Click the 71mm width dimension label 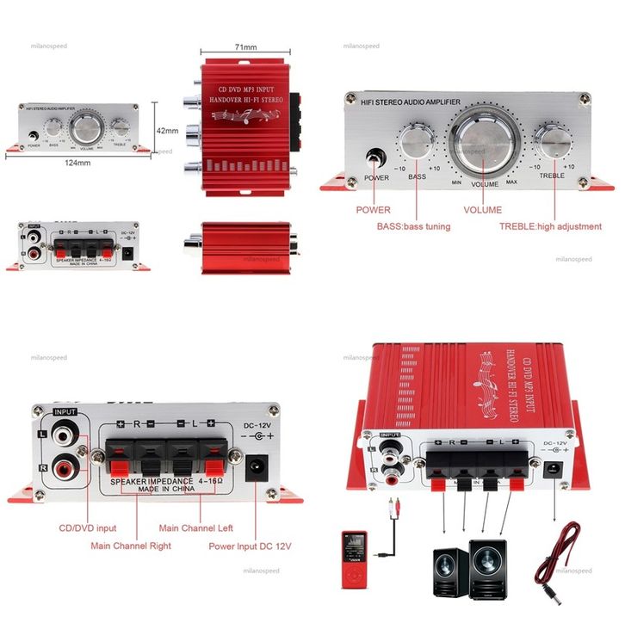coord(245,46)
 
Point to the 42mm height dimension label coord(167,131)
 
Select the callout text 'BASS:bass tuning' coord(413,226)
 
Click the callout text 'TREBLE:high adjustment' coord(550,226)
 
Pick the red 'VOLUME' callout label coord(482,209)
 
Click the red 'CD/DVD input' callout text coord(88,527)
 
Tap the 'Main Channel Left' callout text coord(195,527)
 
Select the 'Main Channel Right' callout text coord(131,546)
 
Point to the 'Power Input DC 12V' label coord(251,546)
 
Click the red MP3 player coord(354,560)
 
